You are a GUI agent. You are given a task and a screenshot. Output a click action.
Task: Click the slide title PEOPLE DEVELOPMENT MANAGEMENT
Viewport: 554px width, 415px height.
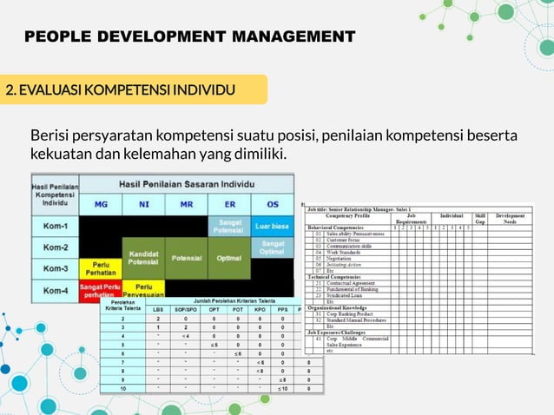tap(190, 36)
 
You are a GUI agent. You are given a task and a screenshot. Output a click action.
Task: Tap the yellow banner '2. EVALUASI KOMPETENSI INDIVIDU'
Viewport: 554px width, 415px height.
tap(121, 90)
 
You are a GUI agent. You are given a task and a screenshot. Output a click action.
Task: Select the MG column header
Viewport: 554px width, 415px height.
tap(100, 204)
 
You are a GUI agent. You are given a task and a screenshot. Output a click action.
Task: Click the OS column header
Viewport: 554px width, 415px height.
tap(273, 204)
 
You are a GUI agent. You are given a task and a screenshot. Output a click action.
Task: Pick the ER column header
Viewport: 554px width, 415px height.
tap(229, 204)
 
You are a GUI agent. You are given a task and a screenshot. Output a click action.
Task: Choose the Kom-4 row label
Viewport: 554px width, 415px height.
tap(55, 290)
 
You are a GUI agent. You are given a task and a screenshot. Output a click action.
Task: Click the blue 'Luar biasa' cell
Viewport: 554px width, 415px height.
tap(273, 226)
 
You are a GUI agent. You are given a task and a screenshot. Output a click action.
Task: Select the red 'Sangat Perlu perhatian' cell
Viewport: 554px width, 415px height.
tap(100, 290)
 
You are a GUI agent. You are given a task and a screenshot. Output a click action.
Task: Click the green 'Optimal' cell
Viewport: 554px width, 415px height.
tap(229, 258)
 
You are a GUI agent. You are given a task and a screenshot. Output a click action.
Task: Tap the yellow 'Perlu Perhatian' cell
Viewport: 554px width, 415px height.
tap(100, 268)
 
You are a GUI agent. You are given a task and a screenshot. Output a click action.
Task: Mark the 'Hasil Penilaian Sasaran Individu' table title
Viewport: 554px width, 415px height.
tap(186, 184)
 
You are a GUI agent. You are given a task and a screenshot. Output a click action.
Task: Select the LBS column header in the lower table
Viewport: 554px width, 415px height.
tap(158, 309)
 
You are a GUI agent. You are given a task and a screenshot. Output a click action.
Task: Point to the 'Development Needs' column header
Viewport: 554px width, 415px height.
tap(510, 218)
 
